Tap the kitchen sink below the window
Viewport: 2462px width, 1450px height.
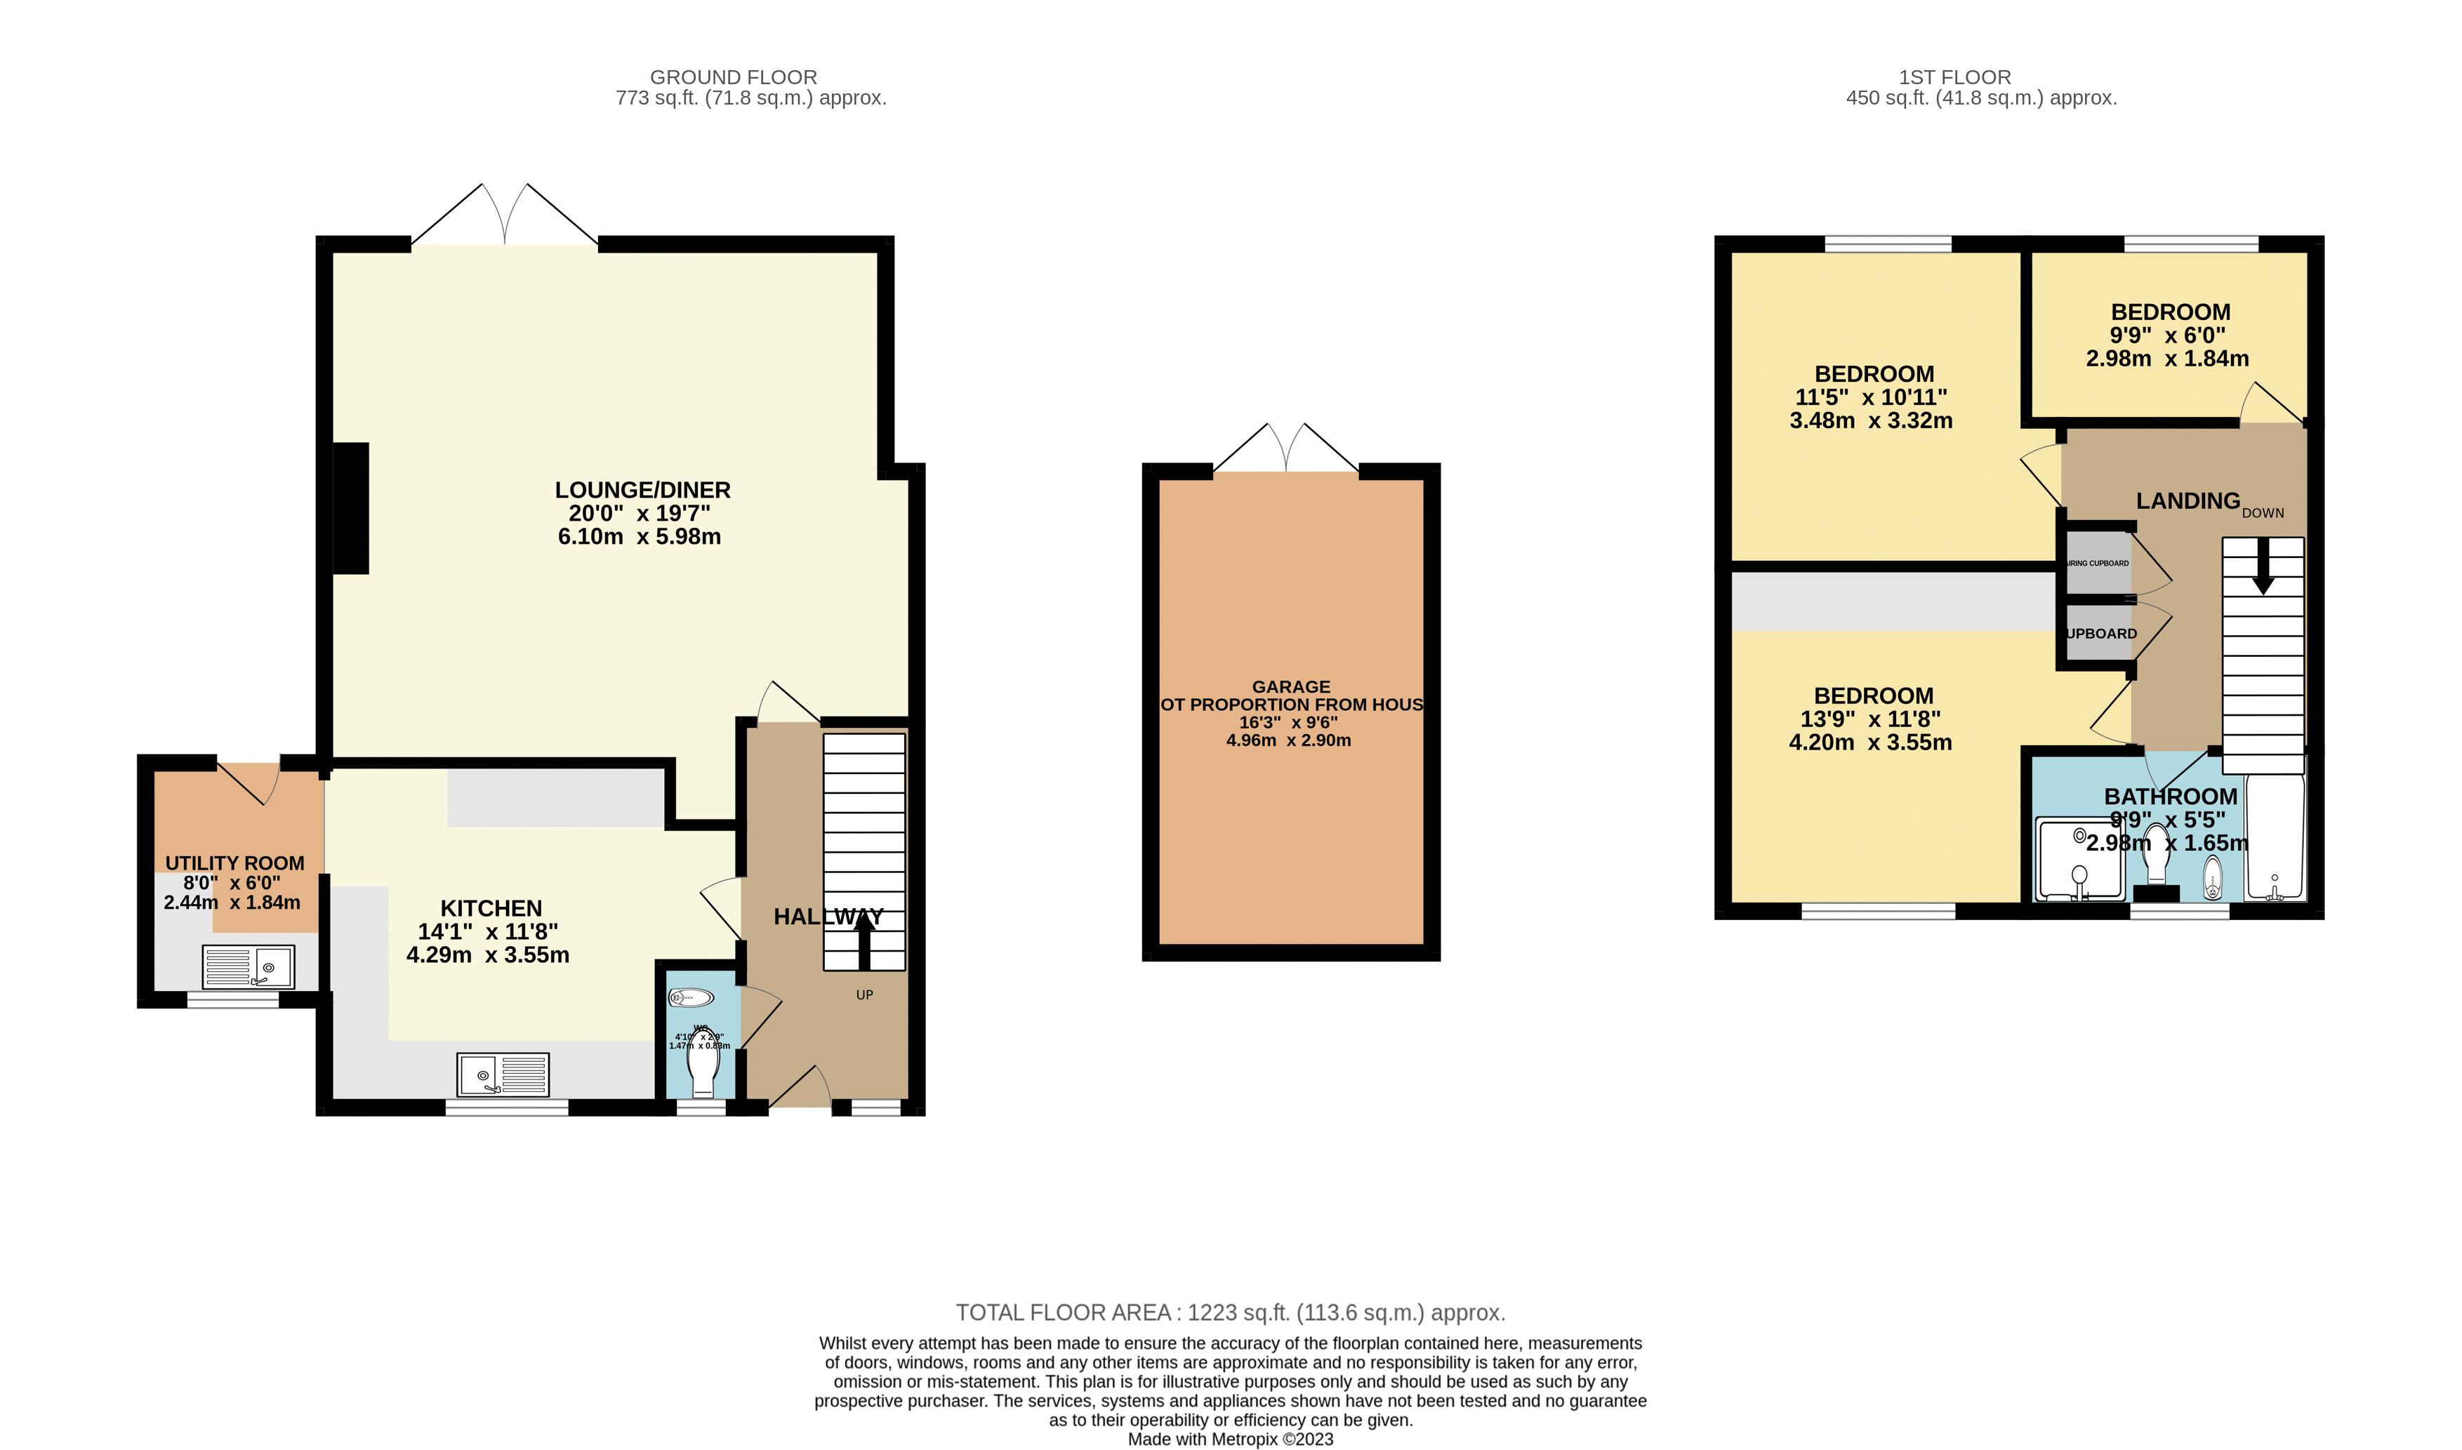503,1074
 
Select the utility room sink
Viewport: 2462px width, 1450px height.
249,966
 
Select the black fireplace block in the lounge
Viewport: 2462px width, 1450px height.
351,508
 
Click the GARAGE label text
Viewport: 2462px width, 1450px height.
1290,687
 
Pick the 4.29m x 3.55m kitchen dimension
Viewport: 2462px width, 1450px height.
488,955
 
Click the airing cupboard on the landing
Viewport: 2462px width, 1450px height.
2098,564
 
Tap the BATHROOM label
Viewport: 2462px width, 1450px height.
2170,797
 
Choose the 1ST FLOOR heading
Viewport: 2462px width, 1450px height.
1954,77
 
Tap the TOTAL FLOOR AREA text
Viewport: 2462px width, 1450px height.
1229,1312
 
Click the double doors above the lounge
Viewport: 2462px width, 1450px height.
504,215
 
